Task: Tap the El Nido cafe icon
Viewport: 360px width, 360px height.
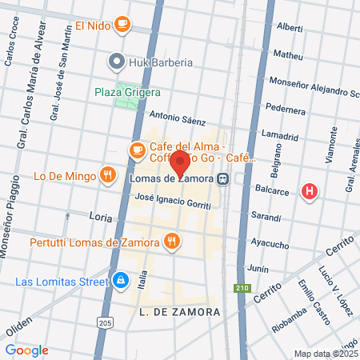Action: (x=122, y=25)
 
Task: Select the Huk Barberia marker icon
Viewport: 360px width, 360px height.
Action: (x=117, y=60)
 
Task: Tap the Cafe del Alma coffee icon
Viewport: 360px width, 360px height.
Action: (x=138, y=149)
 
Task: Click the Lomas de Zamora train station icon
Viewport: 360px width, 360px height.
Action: (x=228, y=179)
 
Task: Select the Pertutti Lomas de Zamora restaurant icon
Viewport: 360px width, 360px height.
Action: (x=171, y=241)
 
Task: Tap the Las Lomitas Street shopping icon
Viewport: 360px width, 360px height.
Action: (x=121, y=281)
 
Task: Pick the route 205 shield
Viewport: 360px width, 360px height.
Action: (x=108, y=322)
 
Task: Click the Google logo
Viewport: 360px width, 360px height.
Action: (x=26, y=350)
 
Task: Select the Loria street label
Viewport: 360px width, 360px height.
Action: (x=100, y=216)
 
